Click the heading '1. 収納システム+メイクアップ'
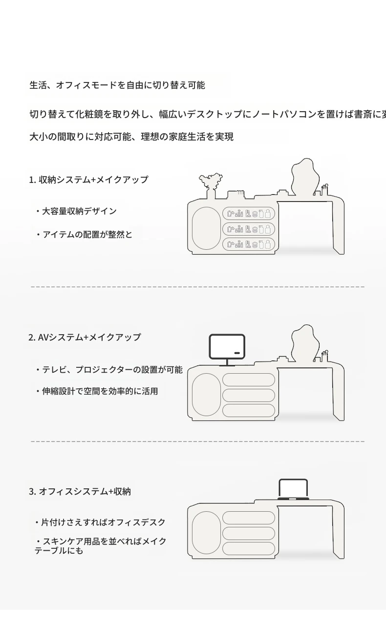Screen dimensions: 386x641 [88, 180]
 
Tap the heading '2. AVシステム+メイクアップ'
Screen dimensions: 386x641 [85, 337]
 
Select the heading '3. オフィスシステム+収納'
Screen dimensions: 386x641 [80, 491]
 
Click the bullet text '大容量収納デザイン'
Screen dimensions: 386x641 [76, 211]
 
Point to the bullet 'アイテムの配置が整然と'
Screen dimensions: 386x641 [84, 235]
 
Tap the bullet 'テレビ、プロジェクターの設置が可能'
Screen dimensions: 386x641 [109, 370]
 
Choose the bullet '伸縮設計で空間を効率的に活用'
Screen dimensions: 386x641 [97, 391]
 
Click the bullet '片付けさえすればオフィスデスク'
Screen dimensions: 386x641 [100, 522]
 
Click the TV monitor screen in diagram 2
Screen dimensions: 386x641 [227, 346]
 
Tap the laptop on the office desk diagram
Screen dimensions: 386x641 [293, 489]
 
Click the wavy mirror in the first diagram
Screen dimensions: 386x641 [305, 177]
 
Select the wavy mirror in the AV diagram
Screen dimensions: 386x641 [305, 343]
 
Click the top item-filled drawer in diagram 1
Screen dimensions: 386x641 [248, 214]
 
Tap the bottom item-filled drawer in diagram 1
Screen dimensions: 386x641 [248, 244]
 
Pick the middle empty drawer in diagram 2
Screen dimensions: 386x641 [248, 395]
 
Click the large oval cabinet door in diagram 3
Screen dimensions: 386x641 [206, 533]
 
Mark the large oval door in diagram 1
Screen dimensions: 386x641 [206, 228]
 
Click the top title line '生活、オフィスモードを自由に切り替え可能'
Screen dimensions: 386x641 [117, 85]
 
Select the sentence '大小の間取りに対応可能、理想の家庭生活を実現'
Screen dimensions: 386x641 [131, 137]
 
